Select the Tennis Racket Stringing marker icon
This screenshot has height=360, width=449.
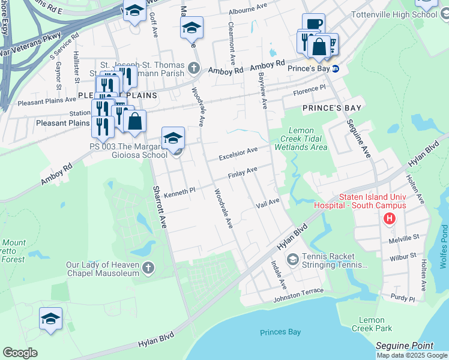pos(292,259)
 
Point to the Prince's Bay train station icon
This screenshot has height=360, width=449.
pos(336,68)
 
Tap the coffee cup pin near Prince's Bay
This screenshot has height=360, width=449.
pos(313,25)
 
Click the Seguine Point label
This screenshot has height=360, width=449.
pos(404,346)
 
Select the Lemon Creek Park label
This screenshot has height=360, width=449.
pos(375,324)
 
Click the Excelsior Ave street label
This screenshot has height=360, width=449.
pos(238,154)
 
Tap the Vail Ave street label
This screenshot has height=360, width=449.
pos(268,203)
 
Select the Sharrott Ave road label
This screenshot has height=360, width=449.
pos(159,206)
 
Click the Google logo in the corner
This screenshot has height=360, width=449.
pos(20,352)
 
